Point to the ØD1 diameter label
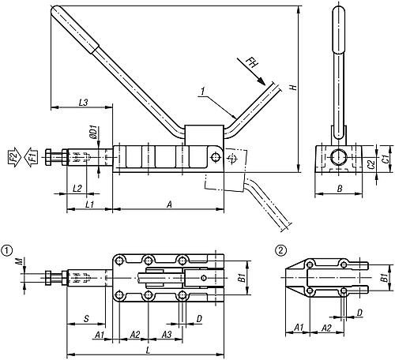click(x=93, y=129)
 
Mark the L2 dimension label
click(x=77, y=188)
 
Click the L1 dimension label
click(x=89, y=204)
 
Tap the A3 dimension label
click(x=167, y=334)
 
